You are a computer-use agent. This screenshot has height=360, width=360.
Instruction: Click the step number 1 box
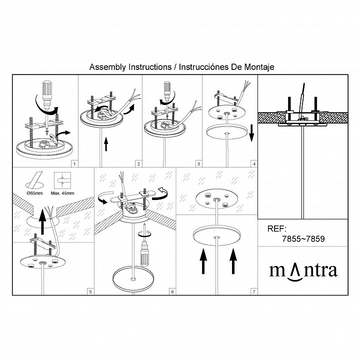(74, 164)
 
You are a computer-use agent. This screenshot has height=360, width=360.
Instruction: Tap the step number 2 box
(138, 164)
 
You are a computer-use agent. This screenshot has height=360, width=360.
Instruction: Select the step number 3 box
(198, 164)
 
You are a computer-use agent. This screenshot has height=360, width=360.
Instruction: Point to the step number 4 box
(254, 164)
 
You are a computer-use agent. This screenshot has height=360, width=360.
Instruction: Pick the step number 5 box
(90, 292)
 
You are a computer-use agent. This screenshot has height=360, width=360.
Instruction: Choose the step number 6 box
(172, 292)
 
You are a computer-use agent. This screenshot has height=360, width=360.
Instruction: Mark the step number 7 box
(254, 292)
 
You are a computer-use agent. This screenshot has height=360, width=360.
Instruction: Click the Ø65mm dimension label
(34, 193)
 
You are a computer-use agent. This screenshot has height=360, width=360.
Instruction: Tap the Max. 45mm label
(62, 193)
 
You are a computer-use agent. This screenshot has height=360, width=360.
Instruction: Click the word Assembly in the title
(107, 67)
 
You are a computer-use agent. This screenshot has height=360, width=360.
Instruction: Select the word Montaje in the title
(259, 67)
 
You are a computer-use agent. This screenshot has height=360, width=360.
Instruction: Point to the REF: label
(277, 228)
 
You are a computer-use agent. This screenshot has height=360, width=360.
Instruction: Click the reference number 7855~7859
(303, 239)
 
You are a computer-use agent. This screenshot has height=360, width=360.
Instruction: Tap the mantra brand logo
(303, 271)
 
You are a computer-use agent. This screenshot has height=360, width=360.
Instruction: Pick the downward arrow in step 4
(251, 133)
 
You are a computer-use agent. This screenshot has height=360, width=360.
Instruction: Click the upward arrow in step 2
(106, 144)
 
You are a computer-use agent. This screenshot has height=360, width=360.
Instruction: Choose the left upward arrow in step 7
(203, 261)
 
